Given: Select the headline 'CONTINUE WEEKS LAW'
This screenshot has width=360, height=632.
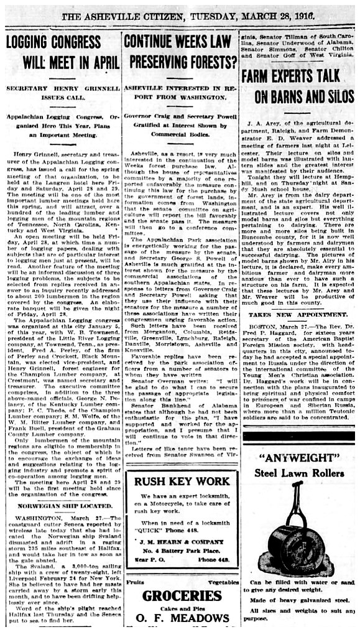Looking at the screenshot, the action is (180, 42).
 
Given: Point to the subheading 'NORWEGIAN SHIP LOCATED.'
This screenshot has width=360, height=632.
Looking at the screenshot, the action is (60, 506).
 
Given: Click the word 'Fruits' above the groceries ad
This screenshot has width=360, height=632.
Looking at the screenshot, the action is (136, 581).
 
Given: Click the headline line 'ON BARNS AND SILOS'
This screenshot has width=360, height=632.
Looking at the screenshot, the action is (297, 96).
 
